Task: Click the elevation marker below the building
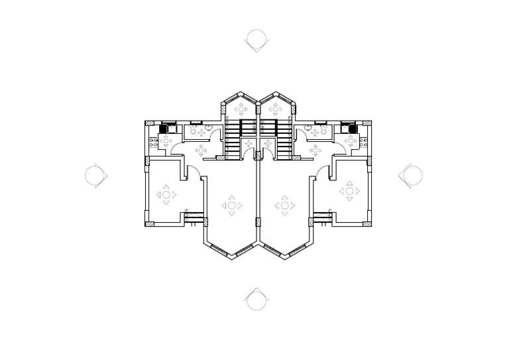click(256, 299)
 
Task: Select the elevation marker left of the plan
click(96, 176)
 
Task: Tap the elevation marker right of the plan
click(411, 175)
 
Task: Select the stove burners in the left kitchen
click(152, 141)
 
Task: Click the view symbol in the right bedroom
click(349, 192)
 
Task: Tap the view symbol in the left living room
click(231, 206)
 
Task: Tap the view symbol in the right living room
click(285, 206)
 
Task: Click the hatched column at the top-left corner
click(149, 123)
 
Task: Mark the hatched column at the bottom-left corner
click(149, 224)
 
